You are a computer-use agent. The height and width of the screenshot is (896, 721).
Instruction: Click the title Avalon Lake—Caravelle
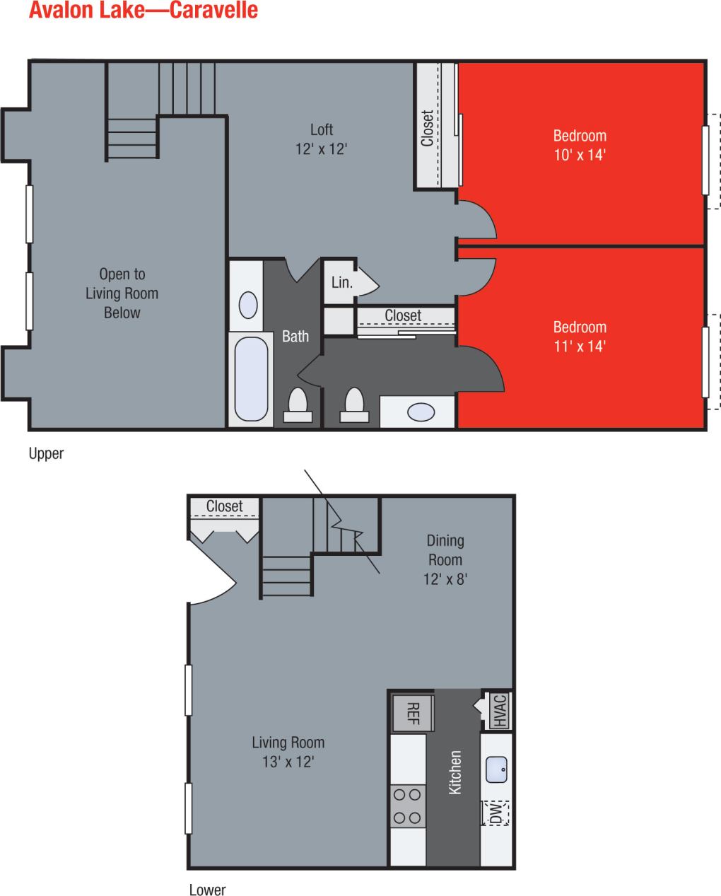tap(143, 11)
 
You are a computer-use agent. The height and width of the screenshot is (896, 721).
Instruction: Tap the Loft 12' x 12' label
tap(322, 139)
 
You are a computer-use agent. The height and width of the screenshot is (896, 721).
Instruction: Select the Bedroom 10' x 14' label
tap(580, 145)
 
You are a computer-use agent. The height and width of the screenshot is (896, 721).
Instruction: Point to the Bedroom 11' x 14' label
tap(580, 337)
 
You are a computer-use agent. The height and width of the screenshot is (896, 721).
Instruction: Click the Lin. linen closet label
tap(342, 283)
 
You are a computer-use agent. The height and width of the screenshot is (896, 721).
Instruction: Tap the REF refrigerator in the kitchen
tap(414, 712)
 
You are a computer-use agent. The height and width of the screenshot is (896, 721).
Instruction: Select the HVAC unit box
tap(499, 711)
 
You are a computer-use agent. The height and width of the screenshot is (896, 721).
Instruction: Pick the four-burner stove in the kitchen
tap(407, 806)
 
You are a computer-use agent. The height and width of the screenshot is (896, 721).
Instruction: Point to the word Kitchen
tap(456, 772)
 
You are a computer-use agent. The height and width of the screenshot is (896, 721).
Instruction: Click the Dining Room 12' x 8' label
tap(445, 559)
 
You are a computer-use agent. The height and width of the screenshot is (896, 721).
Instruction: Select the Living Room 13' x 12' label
tap(288, 752)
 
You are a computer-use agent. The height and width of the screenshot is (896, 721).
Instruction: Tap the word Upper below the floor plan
tap(46, 454)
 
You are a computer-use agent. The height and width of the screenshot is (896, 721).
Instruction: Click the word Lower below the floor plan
tap(207, 890)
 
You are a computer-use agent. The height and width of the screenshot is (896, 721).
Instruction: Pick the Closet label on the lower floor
tap(224, 506)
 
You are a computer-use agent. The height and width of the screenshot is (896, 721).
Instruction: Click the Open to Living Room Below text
tap(122, 293)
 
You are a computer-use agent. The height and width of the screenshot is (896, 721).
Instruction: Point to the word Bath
tap(295, 337)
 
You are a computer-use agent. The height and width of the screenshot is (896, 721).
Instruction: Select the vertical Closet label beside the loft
tap(427, 128)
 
